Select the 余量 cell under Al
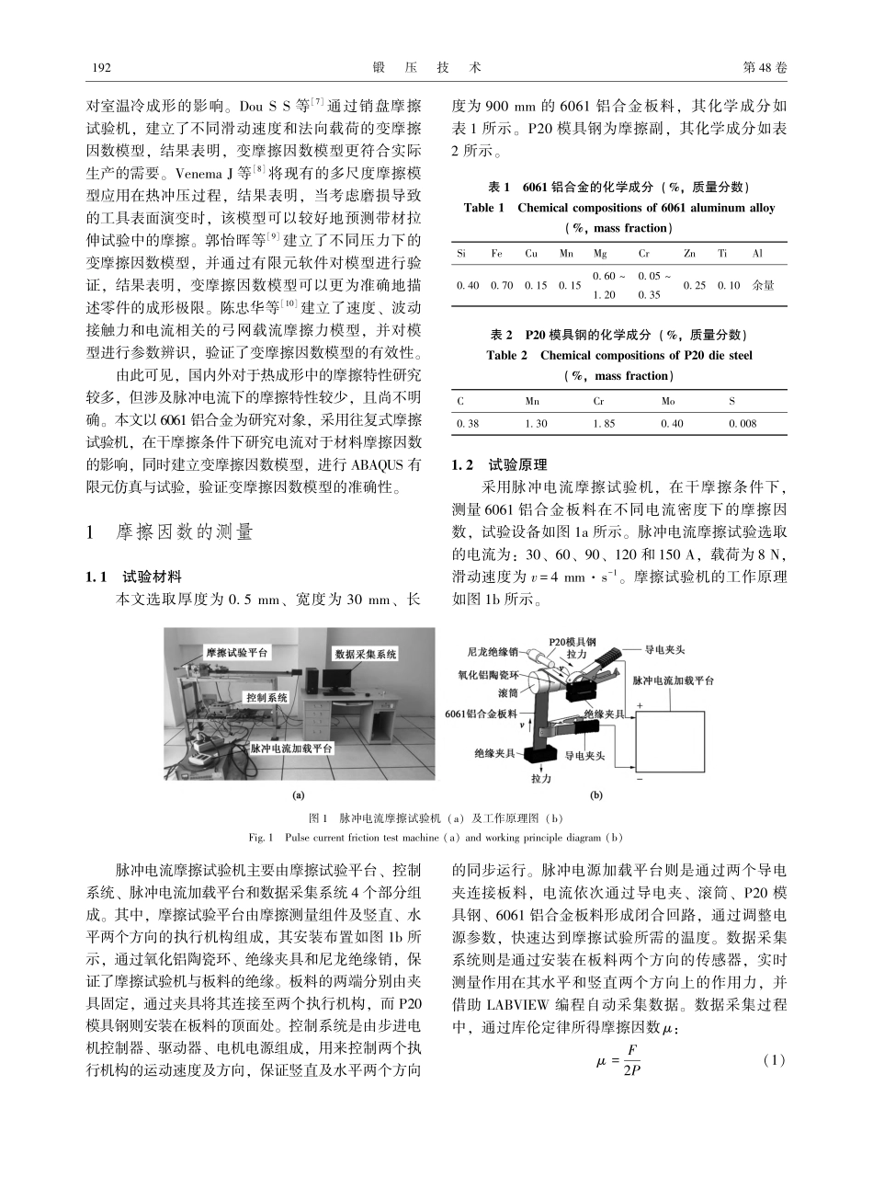coord(763,285)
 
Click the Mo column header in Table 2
coord(668,401)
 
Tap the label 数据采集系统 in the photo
coord(366,654)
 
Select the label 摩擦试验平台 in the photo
coord(238,650)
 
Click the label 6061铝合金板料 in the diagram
coord(481,713)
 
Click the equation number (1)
coord(776,1060)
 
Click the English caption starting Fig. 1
coord(436,837)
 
